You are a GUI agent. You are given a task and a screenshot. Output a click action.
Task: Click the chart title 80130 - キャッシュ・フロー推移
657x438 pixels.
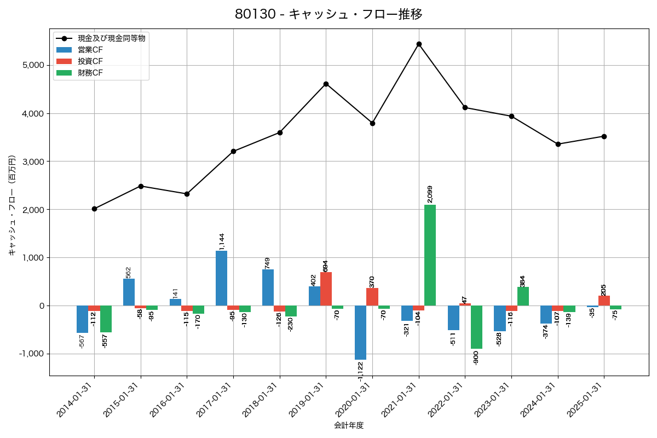pos(328,14)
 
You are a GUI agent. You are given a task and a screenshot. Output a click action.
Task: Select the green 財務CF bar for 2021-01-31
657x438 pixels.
pos(430,255)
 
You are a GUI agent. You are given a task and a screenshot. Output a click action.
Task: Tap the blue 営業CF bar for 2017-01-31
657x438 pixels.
pos(221,278)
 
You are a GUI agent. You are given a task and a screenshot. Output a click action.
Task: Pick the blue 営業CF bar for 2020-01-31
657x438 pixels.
pos(360,332)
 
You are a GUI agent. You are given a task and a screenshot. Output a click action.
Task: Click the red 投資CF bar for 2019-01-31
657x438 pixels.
pos(326,289)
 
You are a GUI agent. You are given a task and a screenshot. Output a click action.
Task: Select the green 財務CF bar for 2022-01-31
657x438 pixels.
pos(476,327)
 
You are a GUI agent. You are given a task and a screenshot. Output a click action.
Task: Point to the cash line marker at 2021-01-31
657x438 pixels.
pos(419,44)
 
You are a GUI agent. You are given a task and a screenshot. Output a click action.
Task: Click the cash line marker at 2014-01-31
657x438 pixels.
pos(94,209)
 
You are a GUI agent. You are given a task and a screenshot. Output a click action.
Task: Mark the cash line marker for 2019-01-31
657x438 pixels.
pos(326,84)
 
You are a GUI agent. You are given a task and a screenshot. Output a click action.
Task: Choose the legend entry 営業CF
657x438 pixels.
pos(90,49)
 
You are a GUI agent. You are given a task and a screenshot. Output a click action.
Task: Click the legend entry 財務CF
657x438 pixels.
pos(90,72)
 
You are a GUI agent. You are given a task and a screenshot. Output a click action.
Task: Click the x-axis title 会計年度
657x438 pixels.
pos(349,425)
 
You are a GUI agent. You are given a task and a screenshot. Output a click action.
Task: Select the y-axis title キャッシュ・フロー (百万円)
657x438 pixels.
pos(12,206)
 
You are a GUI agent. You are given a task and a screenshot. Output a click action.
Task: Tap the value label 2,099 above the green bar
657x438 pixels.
pos(430,194)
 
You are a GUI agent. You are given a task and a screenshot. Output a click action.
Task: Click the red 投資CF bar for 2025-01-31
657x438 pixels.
pos(604,301)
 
